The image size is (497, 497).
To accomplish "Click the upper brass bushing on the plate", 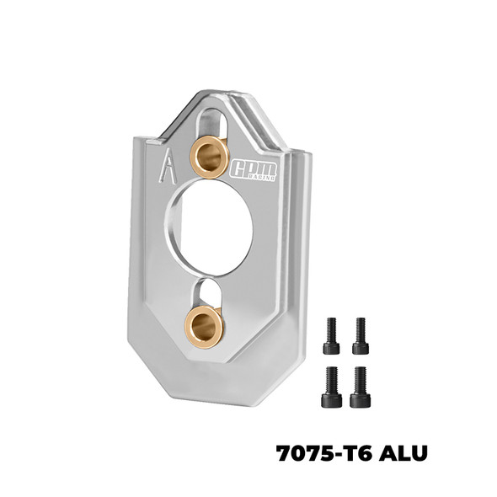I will [x=209, y=157].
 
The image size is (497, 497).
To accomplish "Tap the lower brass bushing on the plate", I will [x=205, y=326].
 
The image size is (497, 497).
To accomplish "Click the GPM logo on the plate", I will [x=253, y=168].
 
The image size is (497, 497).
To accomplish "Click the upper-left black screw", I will [x=331, y=336].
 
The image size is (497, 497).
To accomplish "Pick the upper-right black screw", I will [x=361, y=336].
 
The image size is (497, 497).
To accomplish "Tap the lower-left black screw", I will [x=331, y=387].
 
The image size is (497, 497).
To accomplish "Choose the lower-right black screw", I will [x=361, y=387].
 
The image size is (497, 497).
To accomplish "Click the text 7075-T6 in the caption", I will [x=322, y=453].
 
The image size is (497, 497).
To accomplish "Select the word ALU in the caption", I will [x=403, y=453].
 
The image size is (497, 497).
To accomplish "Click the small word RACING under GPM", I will [x=253, y=177].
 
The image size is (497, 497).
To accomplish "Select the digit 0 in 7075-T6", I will [x=299, y=453].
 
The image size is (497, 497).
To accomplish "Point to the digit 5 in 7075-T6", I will [x=326, y=453].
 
